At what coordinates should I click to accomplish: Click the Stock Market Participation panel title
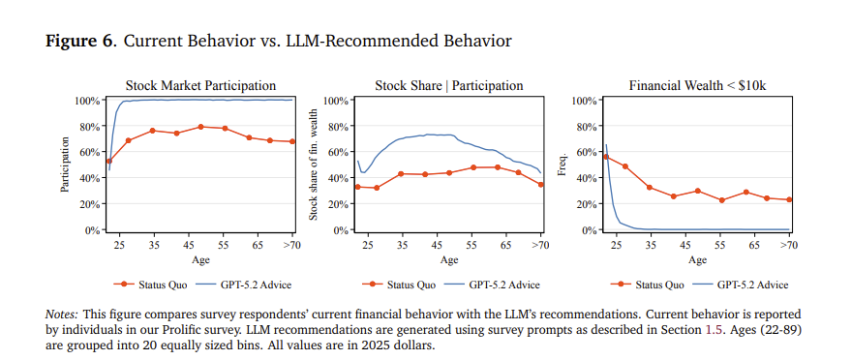pos(200,86)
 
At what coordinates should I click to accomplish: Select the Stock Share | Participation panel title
pos(449,86)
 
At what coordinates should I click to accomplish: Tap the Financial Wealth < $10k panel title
pos(697,86)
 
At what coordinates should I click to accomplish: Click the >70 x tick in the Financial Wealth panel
pos(789,245)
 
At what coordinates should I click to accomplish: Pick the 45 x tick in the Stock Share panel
pos(437,245)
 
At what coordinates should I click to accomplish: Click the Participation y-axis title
pos(66,165)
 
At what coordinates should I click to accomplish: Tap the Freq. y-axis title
pos(562,165)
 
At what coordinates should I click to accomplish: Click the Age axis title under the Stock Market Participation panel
pos(200,259)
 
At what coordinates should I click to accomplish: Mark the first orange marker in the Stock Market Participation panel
pos(109,161)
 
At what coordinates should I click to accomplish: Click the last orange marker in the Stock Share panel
pos(540,184)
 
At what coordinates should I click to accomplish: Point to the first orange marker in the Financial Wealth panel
pos(606,157)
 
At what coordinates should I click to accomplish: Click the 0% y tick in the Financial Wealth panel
pos(589,230)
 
